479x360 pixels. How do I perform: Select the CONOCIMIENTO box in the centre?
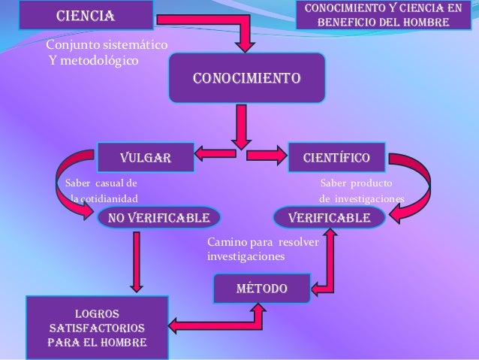[x=247, y=77]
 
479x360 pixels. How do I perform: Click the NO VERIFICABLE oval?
[x=158, y=218]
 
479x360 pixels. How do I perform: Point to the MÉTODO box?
[x=261, y=289]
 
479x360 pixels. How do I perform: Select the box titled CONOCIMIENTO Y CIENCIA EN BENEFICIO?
[x=383, y=16]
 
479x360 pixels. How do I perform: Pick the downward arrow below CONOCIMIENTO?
[x=240, y=126]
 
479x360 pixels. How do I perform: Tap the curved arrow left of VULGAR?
[x=71, y=184]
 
